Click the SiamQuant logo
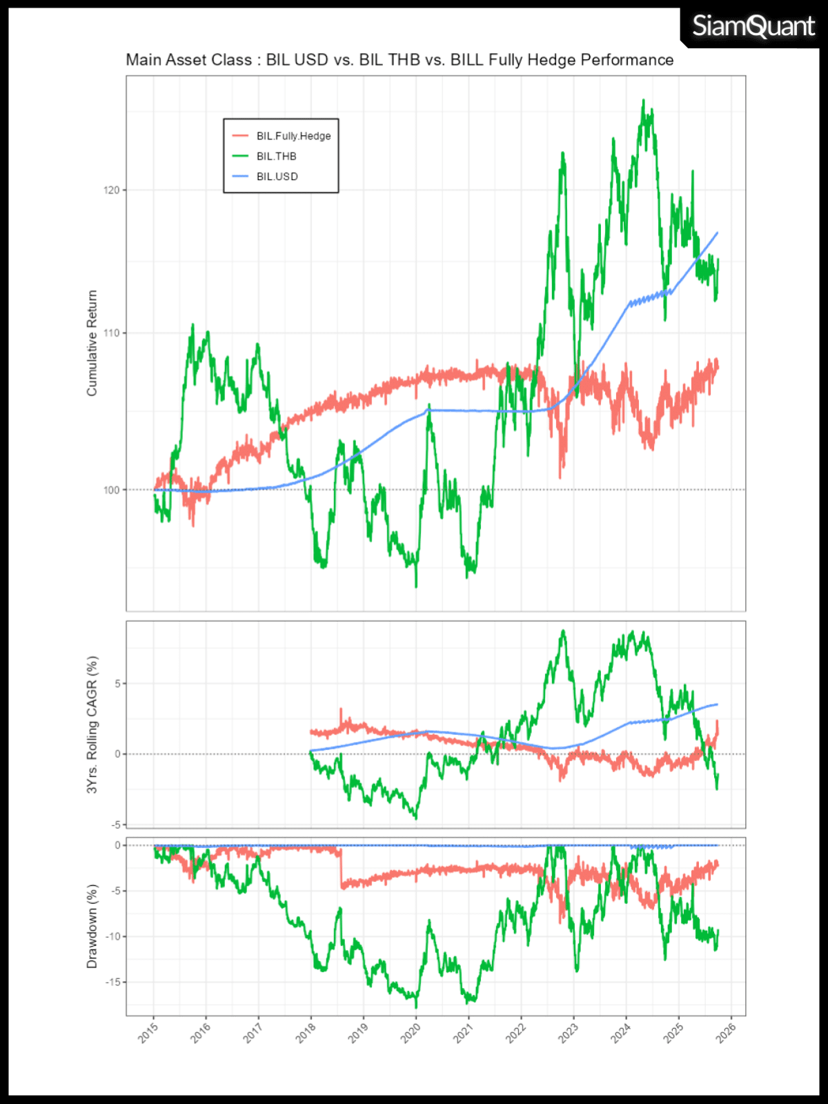[x=753, y=26]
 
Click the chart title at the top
[x=400, y=60]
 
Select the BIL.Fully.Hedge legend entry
[x=293, y=136]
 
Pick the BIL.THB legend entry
[x=276, y=157]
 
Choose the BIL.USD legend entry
[x=277, y=177]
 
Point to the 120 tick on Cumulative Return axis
[x=111, y=190]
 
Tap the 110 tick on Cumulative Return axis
[x=111, y=333]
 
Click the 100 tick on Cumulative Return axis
[x=111, y=490]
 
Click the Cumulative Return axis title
[x=92, y=343]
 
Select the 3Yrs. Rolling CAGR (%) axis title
[x=92, y=724]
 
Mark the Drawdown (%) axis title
[x=92, y=926]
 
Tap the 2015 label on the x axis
[x=148, y=1032]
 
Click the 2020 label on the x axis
[x=411, y=1032]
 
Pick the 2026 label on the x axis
[x=726, y=1032]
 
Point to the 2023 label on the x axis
[x=568, y=1032]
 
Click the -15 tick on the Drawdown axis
[x=112, y=982]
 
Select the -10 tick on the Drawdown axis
[x=112, y=936]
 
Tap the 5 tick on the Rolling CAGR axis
[x=117, y=683]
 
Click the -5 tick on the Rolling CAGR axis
[x=115, y=825]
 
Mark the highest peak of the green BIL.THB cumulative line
[x=643, y=100]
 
